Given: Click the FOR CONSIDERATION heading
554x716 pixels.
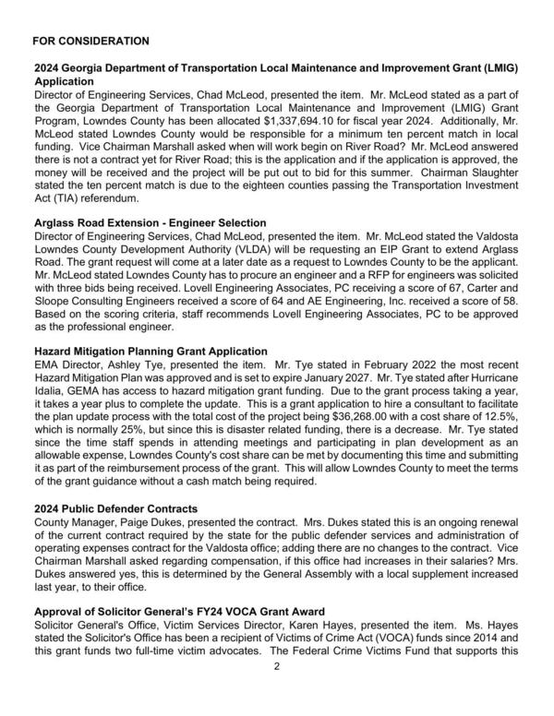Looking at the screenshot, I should pos(90,42).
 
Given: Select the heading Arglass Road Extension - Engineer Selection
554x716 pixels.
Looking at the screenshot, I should pos(151,223).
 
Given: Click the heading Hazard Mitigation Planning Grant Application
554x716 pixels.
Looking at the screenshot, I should pos(151,352).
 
